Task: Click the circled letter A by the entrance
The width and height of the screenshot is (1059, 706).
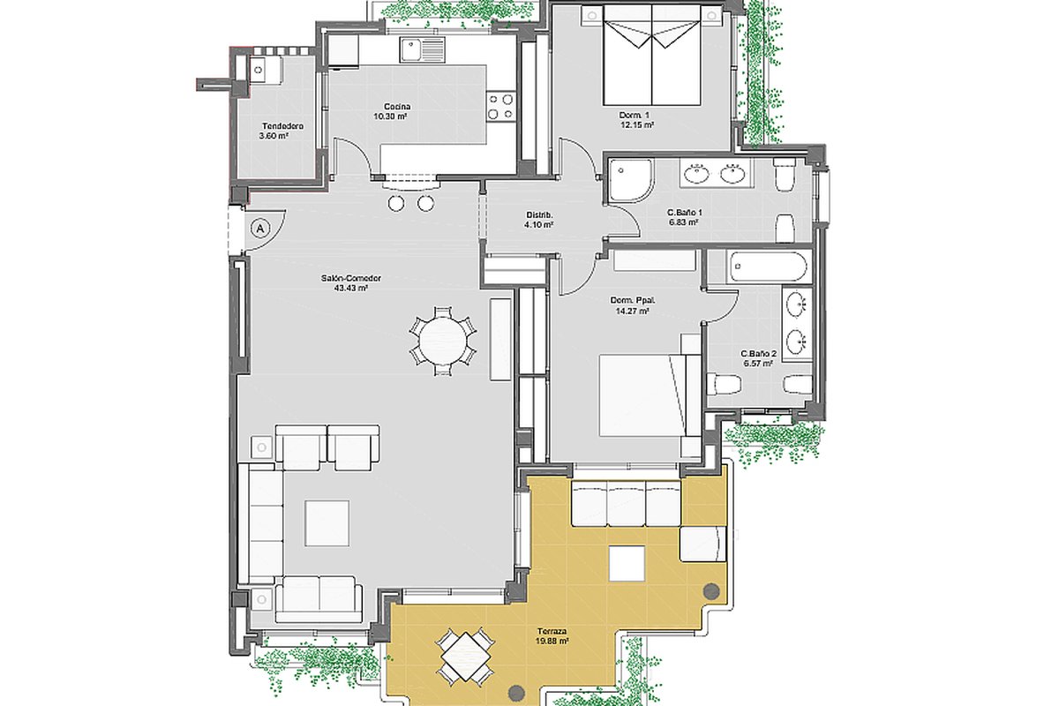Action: pos(260,229)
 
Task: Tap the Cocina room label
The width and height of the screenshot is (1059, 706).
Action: pos(397,107)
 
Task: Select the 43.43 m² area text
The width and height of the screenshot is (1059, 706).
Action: pos(351,288)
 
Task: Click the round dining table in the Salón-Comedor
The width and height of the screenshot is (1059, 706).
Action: pos(443,340)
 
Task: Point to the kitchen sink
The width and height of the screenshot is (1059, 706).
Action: pos(422,49)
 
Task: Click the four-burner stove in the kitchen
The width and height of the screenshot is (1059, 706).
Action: pos(500,106)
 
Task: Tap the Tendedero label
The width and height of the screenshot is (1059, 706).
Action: pos(282,126)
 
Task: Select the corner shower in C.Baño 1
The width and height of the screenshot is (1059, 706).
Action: pos(631,181)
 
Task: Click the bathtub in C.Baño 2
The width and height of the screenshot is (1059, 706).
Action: pos(768,267)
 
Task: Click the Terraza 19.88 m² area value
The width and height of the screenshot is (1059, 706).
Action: pos(552,642)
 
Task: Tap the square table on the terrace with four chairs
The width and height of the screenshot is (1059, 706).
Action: pos(466,657)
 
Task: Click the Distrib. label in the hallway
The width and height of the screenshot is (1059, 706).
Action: pos(539,215)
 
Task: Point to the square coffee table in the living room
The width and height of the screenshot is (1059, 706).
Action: pos(327,523)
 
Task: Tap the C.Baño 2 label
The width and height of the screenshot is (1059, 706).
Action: pos(758,354)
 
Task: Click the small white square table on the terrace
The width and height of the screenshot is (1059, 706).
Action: pos(627,563)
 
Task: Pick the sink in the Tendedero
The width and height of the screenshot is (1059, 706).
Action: pos(259,70)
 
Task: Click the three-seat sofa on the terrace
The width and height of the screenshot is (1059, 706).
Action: pos(626,503)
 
